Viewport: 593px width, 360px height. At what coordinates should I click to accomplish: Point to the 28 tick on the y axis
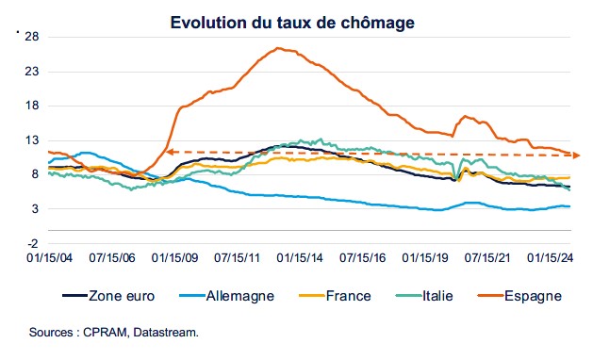(x=31, y=37)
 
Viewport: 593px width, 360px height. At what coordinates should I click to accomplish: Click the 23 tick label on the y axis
(x=31, y=72)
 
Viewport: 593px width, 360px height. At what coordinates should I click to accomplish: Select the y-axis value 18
(x=31, y=106)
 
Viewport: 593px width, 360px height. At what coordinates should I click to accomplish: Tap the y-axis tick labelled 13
(x=31, y=140)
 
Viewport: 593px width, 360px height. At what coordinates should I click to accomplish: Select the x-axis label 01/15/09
(x=185, y=255)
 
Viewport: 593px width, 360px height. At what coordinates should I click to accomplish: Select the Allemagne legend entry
(x=236, y=295)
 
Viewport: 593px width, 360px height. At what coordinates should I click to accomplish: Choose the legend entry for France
(x=349, y=295)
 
